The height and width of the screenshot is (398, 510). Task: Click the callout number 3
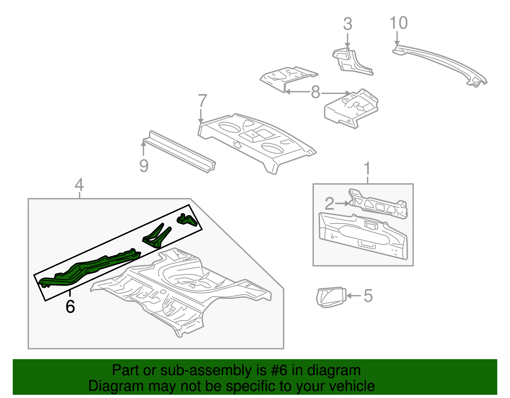point(347,24)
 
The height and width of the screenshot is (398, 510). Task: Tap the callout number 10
point(398,23)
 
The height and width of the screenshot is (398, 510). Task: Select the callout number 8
point(315,92)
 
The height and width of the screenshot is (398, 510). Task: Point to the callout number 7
point(202,101)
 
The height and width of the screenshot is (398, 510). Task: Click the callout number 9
point(144,166)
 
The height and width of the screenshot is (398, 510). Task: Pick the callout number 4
point(79,185)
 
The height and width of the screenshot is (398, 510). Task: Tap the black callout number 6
point(70,307)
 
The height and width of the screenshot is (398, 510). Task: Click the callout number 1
point(367,168)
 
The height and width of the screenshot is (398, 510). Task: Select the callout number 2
point(330,203)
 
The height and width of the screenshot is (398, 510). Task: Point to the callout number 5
point(368,296)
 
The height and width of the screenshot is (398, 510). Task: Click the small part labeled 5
point(331,297)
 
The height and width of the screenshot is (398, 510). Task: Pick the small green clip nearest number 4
point(187,220)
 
